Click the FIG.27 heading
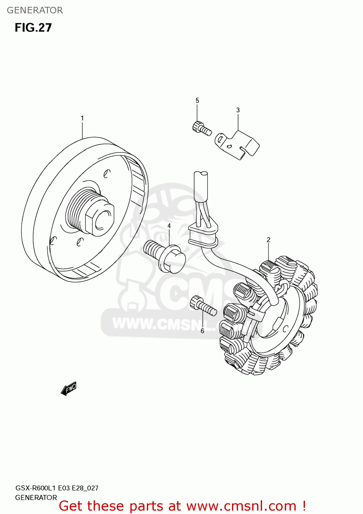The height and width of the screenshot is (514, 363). pyautogui.click(x=33, y=28)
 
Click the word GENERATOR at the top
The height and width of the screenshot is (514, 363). pyautogui.click(x=35, y=10)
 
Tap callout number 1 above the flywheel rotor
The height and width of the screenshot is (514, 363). pyautogui.click(x=82, y=118)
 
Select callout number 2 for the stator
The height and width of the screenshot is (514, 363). pyautogui.click(x=268, y=240)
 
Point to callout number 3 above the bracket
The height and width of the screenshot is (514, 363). pyautogui.click(x=238, y=110)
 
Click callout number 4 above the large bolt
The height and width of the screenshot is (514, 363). pyautogui.click(x=169, y=226)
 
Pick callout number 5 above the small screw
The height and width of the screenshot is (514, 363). pyautogui.click(x=197, y=100)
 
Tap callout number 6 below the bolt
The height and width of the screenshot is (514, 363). pyautogui.click(x=202, y=331)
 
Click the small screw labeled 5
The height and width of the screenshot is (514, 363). pyautogui.click(x=201, y=128)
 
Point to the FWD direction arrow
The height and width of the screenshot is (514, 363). pyautogui.click(x=69, y=389)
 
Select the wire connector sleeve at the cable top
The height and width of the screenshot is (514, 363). pyautogui.click(x=201, y=187)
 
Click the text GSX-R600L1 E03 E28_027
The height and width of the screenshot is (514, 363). pyautogui.click(x=57, y=488)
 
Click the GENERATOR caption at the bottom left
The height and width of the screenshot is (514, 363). pyautogui.click(x=36, y=498)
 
